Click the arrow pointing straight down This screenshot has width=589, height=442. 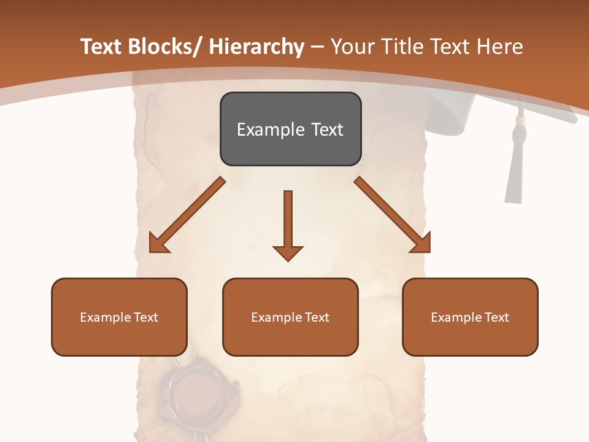[x=288, y=225]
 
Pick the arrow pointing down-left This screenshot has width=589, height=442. [x=187, y=215]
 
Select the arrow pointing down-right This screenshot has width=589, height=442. [x=393, y=215]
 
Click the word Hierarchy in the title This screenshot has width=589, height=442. [x=256, y=47]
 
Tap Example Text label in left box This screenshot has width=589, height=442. [x=119, y=317]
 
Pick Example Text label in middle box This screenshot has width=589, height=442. [x=290, y=317]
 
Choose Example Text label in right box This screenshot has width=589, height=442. [x=470, y=317]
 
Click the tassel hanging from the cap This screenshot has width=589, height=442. [x=514, y=172]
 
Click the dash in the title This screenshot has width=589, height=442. [x=317, y=47]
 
